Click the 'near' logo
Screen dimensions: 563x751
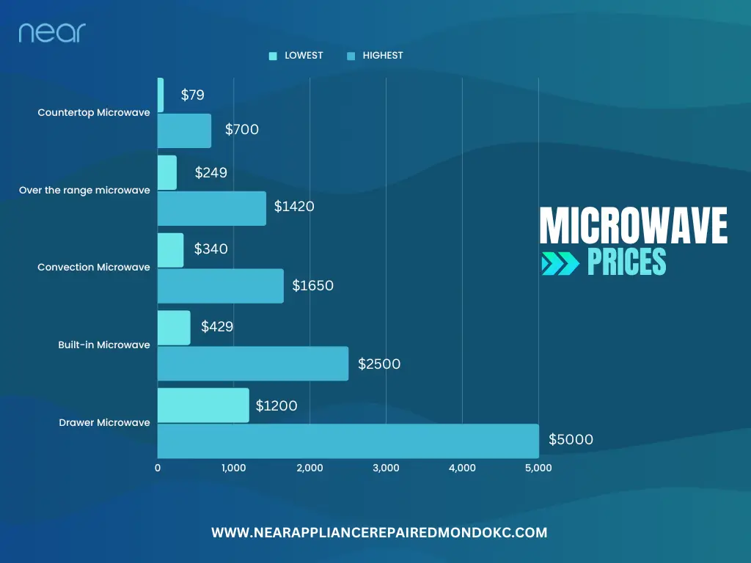tap(52, 32)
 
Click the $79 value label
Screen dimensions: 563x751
tap(193, 95)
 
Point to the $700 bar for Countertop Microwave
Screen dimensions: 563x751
tap(185, 130)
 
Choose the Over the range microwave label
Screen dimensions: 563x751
tap(84, 191)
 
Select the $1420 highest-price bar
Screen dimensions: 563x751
tap(212, 208)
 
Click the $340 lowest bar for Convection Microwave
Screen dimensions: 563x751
tap(171, 250)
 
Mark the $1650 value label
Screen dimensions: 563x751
tap(312, 285)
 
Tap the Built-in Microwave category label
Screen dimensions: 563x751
tap(104, 345)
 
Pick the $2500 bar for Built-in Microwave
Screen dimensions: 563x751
tap(253, 364)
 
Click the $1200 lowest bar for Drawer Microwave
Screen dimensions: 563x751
tap(203, 405)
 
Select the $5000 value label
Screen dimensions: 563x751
tap(571, 440)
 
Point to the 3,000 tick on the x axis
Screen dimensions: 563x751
tap(386, 468)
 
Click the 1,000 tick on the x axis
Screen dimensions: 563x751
tap(233, 468)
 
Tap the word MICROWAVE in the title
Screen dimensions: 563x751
tap(634, 227)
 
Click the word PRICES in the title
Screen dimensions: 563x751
tap(626, 263)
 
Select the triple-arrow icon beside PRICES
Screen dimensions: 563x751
tap(560, 264)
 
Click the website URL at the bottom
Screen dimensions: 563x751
tap(379, 533)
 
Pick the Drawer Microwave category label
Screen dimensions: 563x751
tap(104, 422)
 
